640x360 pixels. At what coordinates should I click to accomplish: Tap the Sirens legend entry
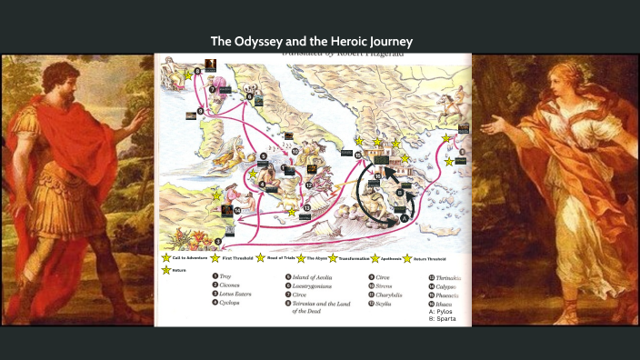tap(389, 285)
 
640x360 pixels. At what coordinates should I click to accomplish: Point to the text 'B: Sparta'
tap(445, 320)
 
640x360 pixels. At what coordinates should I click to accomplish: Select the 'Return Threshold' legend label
tap(435, 259)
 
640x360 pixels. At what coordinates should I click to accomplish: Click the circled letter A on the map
tap(403, 218)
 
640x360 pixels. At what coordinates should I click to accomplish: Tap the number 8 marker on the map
tap(197, 71)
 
